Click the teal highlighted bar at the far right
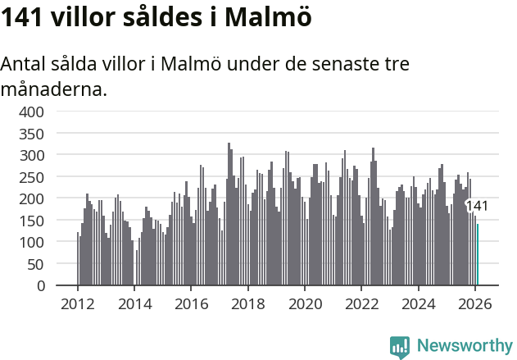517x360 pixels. (x=478, y=255)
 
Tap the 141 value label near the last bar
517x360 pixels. (x=477, y=206)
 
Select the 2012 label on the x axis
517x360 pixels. (x=78, y=303)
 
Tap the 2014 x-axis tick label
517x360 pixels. (x=134, y=303)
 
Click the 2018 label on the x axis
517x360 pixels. (x=248, y=303)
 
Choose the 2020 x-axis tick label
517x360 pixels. (x=305, y=303)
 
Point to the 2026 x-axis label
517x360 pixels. (x=475, y=303)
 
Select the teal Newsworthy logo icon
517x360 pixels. (x=400, y=347)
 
